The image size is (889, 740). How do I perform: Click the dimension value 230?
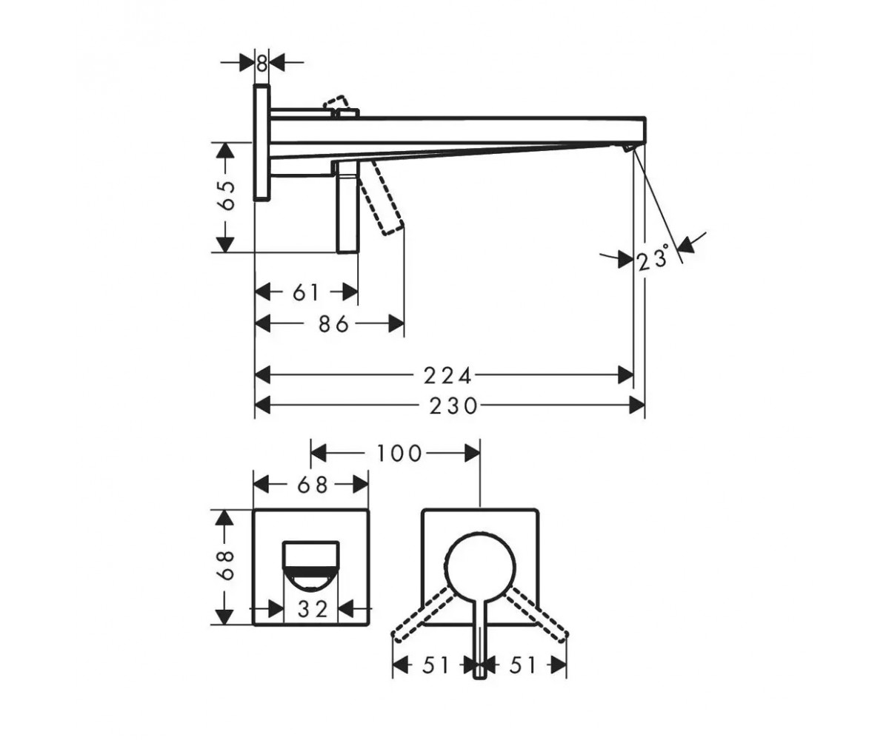click(453, 406)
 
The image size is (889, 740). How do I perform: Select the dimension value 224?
click(447, 375)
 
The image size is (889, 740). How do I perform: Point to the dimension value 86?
click(334, 325)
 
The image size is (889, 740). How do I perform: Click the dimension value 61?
click(306, 292)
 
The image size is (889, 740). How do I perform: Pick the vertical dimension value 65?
click(226, 195)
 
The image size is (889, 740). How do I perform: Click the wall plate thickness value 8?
click(262, 64)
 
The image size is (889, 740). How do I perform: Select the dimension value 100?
click(399, 454)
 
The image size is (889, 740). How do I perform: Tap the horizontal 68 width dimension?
click(313, 485)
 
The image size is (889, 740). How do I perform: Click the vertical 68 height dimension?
click(226, 565)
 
